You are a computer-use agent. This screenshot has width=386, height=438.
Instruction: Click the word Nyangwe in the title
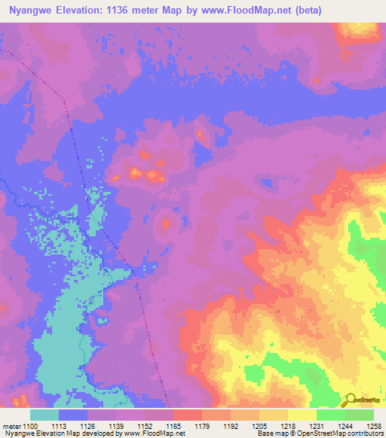[x=32, y=11]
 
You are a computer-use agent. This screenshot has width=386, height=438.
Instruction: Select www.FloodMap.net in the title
[x=252, y=11]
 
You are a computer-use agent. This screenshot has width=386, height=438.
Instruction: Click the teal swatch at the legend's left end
[x=44, y=415]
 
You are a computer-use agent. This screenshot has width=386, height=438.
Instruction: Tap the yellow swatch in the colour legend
[x=302, y=415]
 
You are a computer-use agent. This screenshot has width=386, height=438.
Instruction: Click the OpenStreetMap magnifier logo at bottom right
[x=351, y=400]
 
